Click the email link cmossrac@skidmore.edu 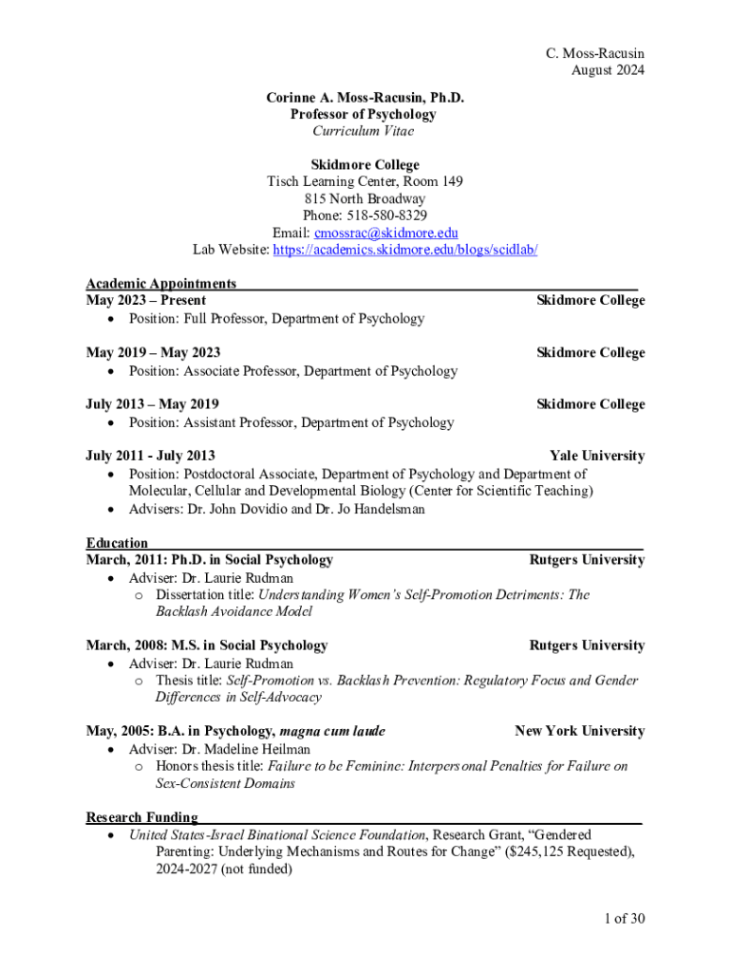pyautogui.click(x=405, y=233)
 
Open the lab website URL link pyautogui.click(x=405, y=250)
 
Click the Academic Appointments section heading pyautogui.click(x=161, y=283)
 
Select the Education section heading pyautogui.click(x=117, y=543)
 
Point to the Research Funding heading pyautogui.click(x=142, y=817)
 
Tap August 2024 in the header pyautogui.click(x=608, y=70)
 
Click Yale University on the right pyautogui.click(x=597, y=456)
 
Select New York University pyautogui.click(x=579, y=731)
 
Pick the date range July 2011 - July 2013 pyautogui.click(x=150, y=456)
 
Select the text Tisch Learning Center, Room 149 pyautogui.click(x=365, y=181)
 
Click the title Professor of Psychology pyautogui.click(x=364, y=114)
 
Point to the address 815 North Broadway pyautogui.click(x=365, y=198)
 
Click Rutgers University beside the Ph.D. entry pyautogui.click(x=587, y=560)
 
